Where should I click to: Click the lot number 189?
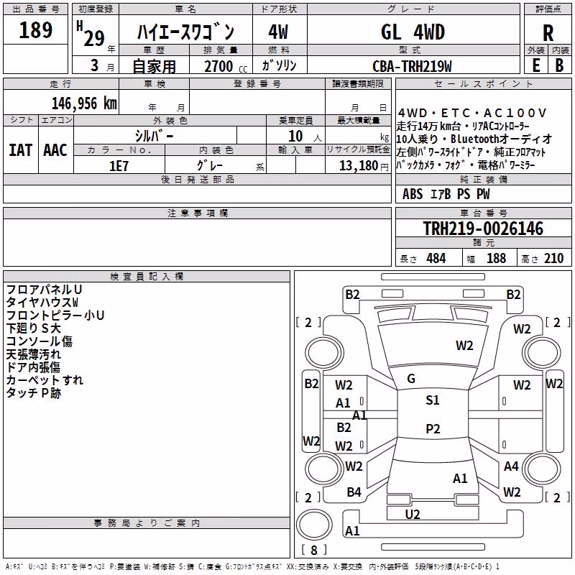(35, 29)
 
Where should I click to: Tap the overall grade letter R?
(548, 33)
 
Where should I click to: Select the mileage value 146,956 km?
(84, 103)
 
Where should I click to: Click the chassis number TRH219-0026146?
(483, 229)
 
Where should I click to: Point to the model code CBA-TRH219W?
(412, 66)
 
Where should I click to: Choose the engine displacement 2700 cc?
(226, 66)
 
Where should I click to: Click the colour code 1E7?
(119, 166)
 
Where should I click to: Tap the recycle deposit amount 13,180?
(358, 166)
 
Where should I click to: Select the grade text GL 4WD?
(413, 32)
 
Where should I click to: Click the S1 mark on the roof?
(433, 400)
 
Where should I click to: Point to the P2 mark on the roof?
(433, 428)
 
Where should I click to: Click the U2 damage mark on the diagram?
(413, 515)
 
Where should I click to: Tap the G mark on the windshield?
(411, 379)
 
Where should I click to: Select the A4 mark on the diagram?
(511, 466)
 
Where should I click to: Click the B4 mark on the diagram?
(354, 492)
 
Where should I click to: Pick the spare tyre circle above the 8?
(314, 525)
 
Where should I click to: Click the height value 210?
(553, 259)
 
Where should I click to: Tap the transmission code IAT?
(21, 150)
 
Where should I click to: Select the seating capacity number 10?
(295, 137)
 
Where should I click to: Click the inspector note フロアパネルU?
(44, 290)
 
